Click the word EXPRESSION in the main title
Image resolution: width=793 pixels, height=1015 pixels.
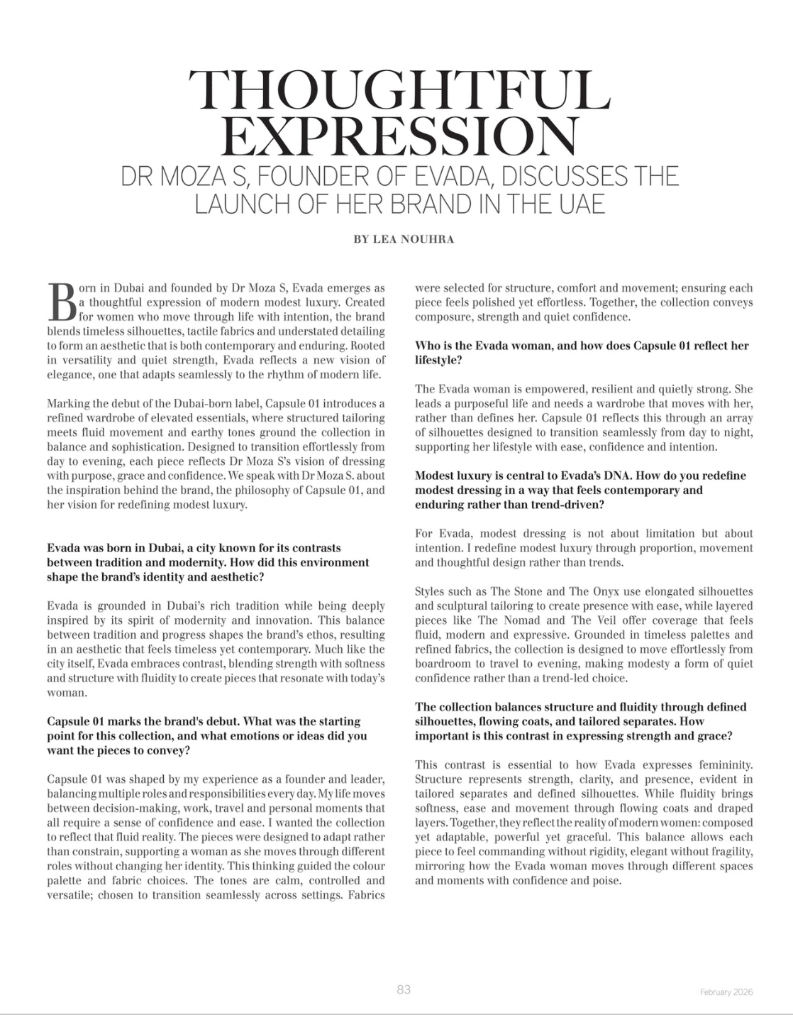tap(398, 136)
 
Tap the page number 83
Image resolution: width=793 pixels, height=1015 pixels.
tap(404, 989)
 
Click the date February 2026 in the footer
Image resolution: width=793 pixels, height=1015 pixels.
tap(726, 992)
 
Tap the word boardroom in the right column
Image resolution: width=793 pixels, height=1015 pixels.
tap(444, 664)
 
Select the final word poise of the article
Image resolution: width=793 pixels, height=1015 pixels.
tap(606, 881)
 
